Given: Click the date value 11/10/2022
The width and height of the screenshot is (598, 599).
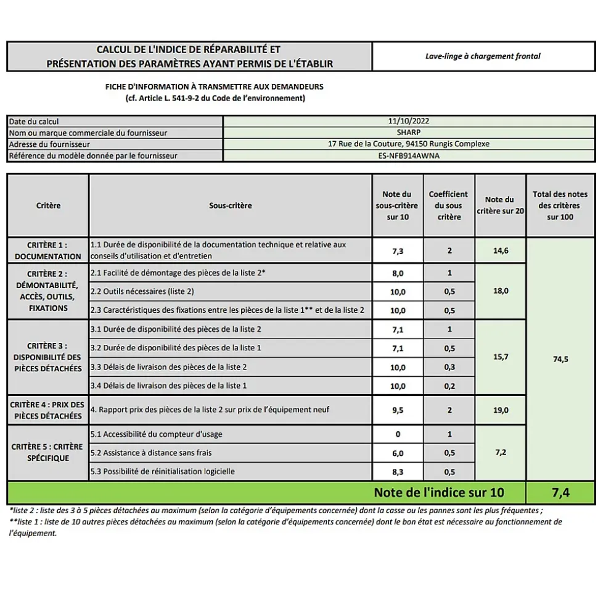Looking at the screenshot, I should (409, 122).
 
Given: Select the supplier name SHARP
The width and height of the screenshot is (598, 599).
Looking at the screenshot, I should (409, 133).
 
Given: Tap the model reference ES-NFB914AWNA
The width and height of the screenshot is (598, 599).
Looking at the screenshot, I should (409, 155).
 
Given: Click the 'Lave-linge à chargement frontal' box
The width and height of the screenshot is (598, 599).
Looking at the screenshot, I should (483, 56).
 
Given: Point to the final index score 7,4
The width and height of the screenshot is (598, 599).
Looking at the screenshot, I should (560, 492).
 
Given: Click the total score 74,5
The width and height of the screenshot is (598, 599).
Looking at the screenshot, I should (560, 359).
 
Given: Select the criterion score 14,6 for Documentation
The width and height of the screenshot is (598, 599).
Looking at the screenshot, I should (501, 250).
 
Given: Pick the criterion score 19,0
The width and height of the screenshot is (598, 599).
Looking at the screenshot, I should (501, 410).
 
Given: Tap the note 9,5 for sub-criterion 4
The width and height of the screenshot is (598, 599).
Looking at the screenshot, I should (398, 410).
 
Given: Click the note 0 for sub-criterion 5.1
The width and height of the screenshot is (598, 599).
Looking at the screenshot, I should (398, 434).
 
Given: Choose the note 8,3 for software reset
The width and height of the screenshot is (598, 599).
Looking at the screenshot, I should (398, 472).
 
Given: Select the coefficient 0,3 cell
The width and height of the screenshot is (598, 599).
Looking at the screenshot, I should (449, 367).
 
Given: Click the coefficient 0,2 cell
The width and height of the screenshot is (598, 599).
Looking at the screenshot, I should (449, 386).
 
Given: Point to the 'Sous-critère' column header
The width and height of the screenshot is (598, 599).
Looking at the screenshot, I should (231, 205).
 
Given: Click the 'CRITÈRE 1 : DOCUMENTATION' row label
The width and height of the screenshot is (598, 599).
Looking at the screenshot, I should (48, 250).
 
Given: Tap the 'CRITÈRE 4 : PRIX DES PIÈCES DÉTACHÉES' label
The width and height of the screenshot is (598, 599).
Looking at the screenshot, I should (48, 410).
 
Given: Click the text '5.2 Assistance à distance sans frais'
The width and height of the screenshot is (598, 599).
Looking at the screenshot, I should (151, 453).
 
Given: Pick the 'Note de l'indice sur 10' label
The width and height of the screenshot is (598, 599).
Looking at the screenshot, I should (438, 492).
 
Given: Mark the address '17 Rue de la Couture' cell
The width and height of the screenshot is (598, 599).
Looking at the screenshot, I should (409, 144).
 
